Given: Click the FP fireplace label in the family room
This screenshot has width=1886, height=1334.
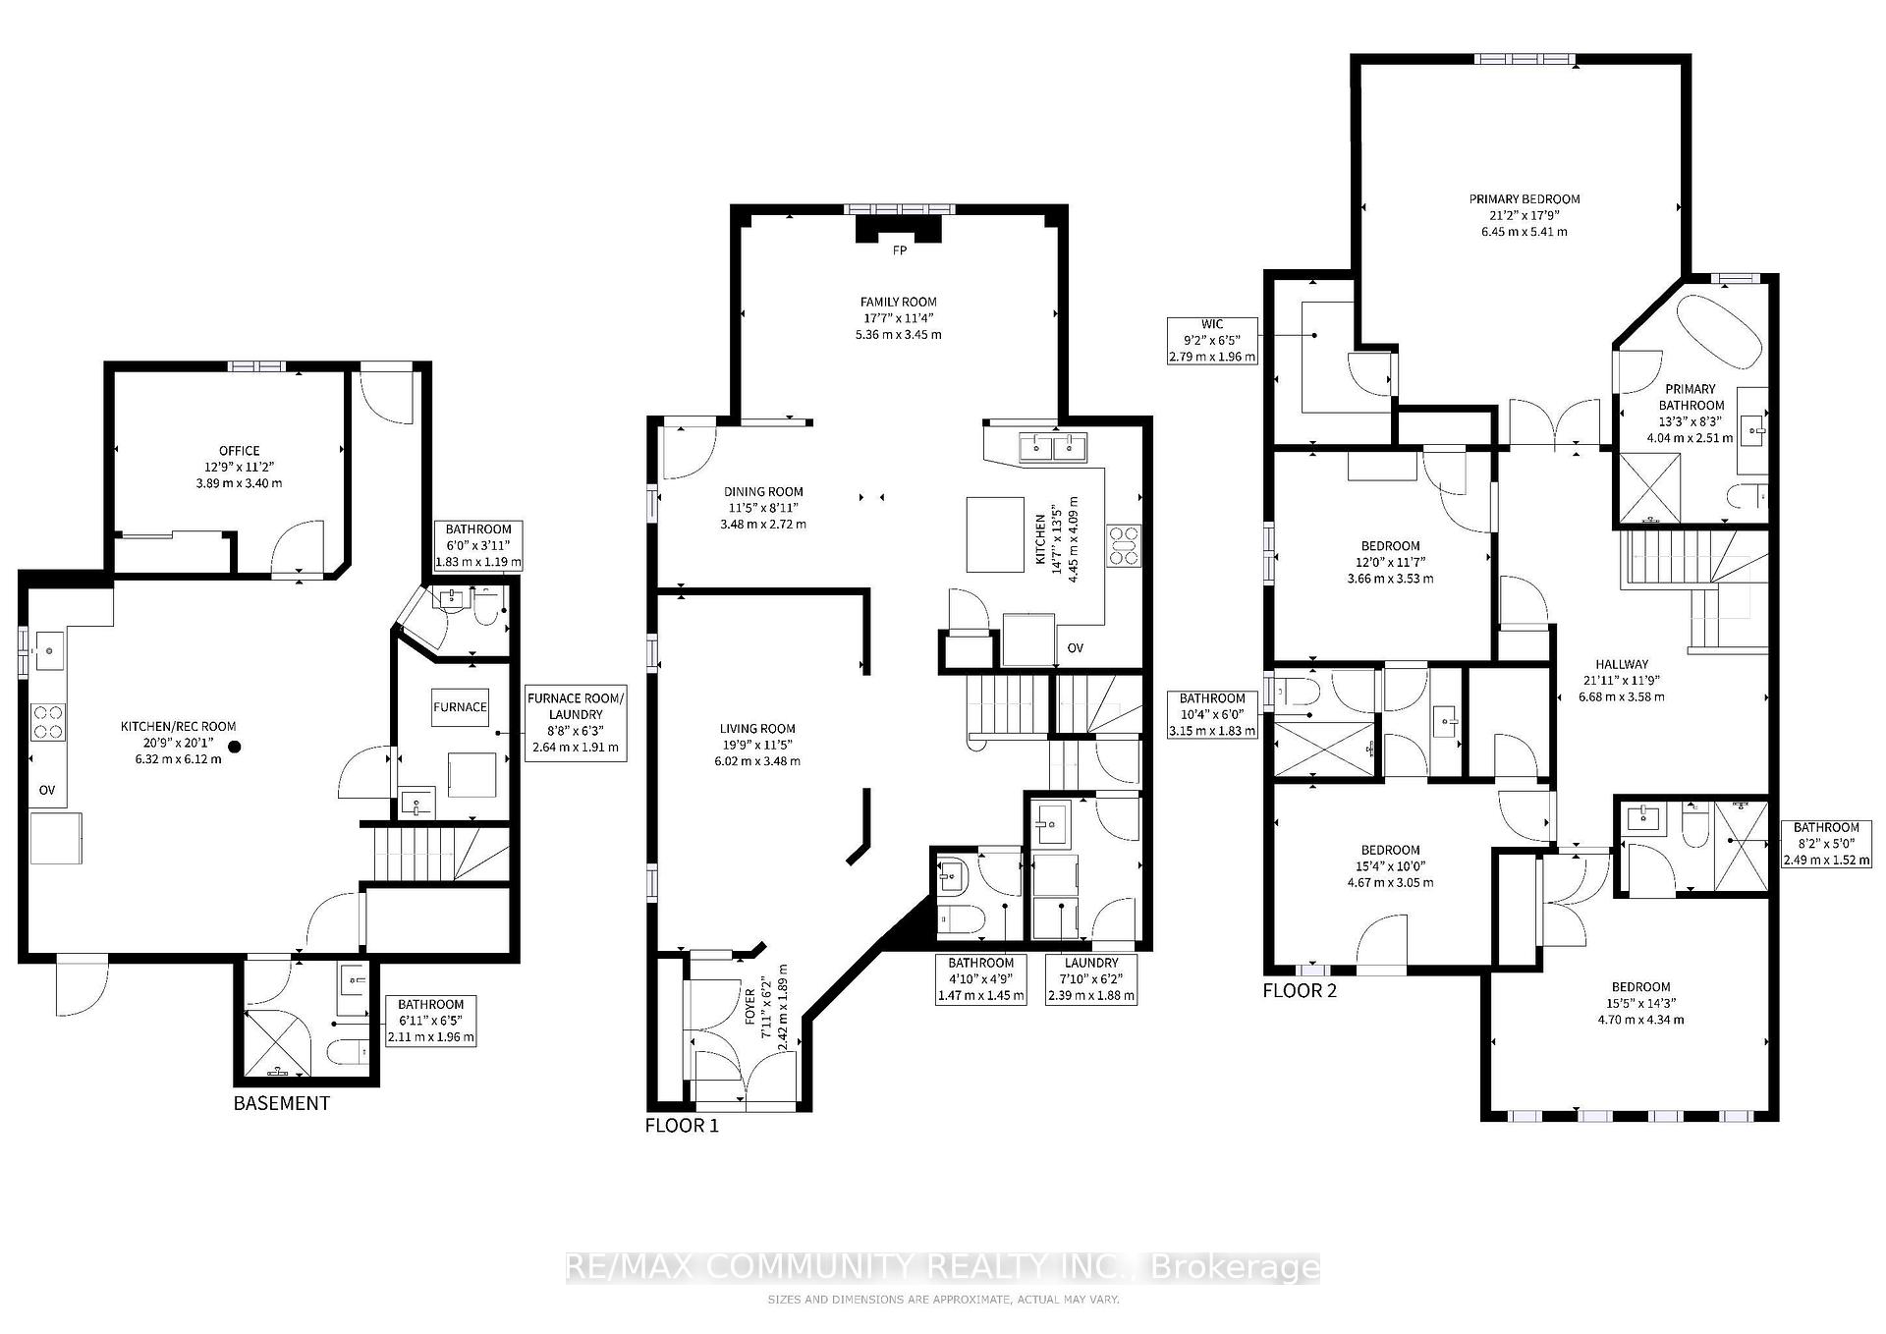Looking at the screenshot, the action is [899, 250].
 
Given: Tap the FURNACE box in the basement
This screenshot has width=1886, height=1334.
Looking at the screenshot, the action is [460, 706].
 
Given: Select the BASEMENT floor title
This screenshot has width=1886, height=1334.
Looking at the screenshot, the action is [282, 1103].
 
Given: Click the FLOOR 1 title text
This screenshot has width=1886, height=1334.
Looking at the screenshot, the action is [682, 1126].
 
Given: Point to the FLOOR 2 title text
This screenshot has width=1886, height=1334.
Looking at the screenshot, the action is [1300, 990].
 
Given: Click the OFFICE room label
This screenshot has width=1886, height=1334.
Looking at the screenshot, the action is [240, 451].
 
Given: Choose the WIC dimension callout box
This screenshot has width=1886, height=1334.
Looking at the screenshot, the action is [1213, 341].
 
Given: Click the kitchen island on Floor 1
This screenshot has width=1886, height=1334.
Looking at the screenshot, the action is [996, 534].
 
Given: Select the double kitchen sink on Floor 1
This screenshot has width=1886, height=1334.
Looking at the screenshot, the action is [1053, 447].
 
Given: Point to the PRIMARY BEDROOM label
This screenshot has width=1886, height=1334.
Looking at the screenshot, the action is [1525, 199].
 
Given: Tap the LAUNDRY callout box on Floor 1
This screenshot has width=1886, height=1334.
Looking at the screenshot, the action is [1091, 979].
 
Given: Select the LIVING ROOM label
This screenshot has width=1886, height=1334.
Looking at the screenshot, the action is [757, 729].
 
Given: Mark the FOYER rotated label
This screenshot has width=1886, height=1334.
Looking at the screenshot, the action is [750, 1007].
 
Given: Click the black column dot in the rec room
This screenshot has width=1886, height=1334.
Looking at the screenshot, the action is [235, 747].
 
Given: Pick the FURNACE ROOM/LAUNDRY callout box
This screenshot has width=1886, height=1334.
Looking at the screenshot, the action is [576, 723].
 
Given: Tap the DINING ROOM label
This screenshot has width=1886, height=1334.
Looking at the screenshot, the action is [763, 492].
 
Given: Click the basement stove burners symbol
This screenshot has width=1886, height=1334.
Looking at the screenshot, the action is [48, 722].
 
